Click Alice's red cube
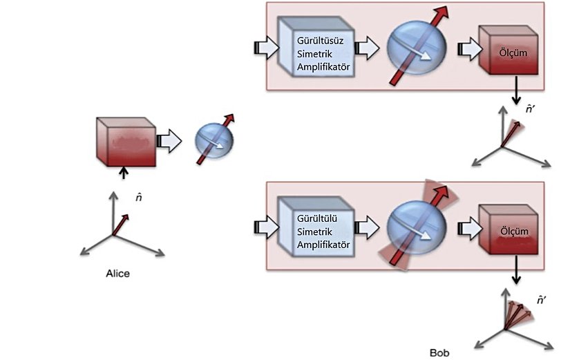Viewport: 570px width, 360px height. [x=124, y=142]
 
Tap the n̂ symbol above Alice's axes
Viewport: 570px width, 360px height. [x=139, y=198]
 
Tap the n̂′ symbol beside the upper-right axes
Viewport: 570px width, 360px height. [x=531, y=108]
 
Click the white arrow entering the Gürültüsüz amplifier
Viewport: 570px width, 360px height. [x=264, y=47]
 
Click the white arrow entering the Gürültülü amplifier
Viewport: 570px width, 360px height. [x=264, y=227]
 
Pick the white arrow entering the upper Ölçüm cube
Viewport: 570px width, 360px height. [x=471, y=48]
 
